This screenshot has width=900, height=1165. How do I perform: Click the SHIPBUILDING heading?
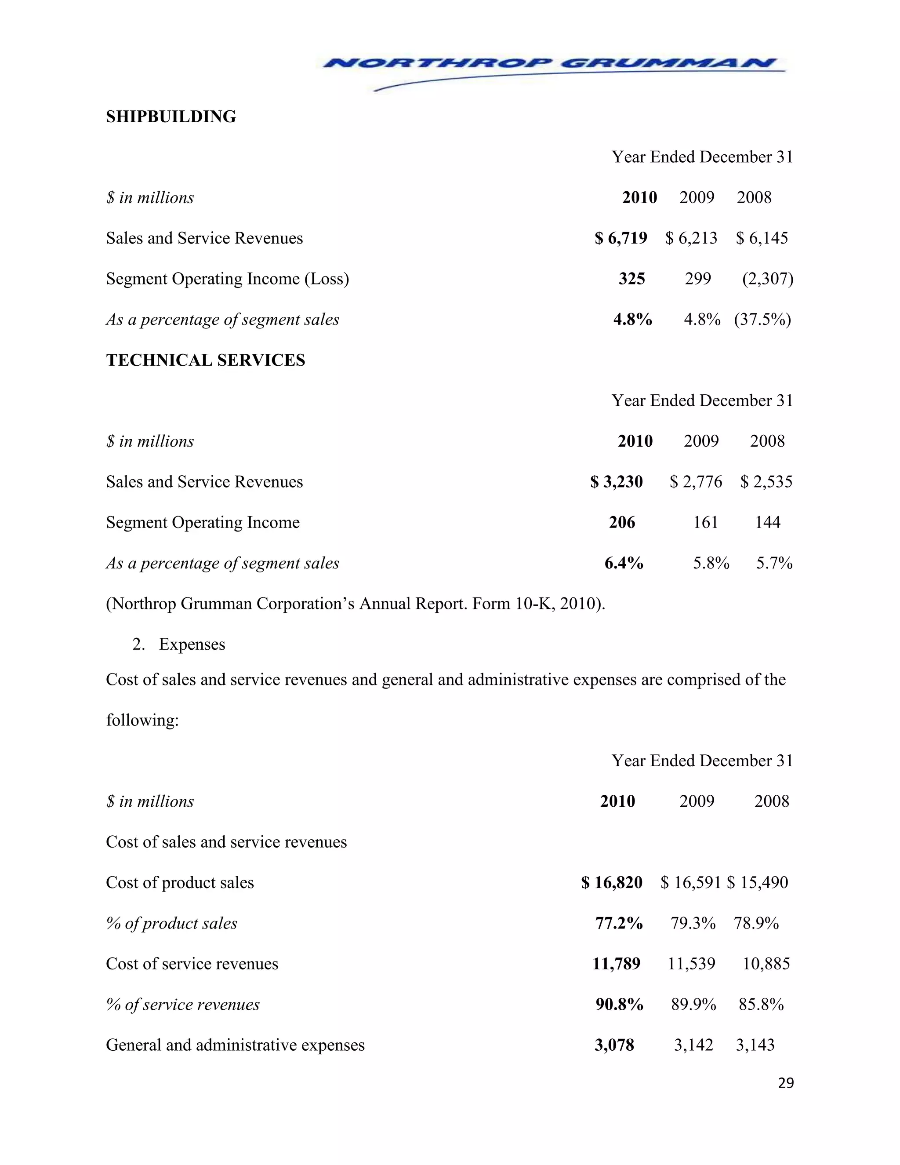[x=171, y=117]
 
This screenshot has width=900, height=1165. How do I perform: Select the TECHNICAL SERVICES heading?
[x=205, y=360]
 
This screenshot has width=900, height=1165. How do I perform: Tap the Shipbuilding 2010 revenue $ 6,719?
[x=621, y=238]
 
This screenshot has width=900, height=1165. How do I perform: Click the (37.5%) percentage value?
[x=762, y=320]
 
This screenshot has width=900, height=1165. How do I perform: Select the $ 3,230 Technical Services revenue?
[x=617, y=482]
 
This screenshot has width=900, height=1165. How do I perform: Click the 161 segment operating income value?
[x=705, y=522]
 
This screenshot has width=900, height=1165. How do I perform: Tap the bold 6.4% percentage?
[x=623, y=563]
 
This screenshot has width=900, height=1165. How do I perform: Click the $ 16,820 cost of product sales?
[x=612, y=883]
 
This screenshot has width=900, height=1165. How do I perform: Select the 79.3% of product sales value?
[x=693, y=923]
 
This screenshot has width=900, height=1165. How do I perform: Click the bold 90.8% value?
[x=619, y=1005]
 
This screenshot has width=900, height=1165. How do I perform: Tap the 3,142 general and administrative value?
[x=693, y=1045]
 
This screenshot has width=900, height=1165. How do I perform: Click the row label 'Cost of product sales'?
[x=180, y=883]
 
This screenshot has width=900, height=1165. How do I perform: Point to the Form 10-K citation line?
[x=355, y=604]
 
